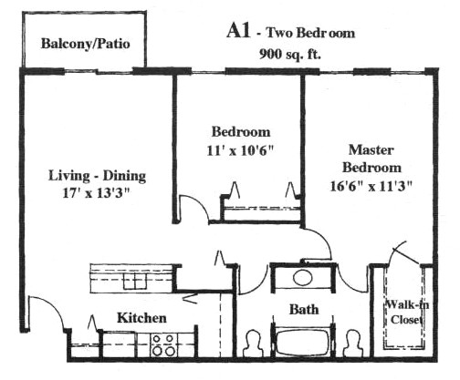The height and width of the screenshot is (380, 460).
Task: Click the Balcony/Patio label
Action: coord(86,44)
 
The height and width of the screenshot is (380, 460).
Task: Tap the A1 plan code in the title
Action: coord(238,31)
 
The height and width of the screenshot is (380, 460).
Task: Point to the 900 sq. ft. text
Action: coord(290,55)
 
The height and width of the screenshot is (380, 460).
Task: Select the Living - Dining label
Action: coord(97,176)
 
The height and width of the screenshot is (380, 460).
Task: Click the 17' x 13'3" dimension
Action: coord(96,193)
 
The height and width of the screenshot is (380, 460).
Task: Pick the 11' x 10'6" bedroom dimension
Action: coord(241,150)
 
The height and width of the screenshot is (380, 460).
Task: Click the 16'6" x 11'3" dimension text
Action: coord(371,186)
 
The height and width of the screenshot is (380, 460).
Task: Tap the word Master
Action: coord(371,149)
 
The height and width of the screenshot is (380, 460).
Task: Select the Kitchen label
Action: coord(141,318)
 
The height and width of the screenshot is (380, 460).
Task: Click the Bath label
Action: coord(304,310)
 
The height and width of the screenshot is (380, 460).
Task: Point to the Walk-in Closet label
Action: coord(407,312)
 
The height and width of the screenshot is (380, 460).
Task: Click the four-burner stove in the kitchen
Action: coord(162,344)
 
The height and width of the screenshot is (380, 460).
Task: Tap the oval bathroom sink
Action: coord(302,277)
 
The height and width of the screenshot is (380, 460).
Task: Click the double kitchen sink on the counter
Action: coord(135,280)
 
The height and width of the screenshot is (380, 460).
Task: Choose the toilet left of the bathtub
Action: coord(253,344)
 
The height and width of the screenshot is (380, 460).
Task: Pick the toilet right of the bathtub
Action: coord(354,344)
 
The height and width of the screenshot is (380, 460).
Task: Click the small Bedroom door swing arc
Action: coord(198,203)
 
